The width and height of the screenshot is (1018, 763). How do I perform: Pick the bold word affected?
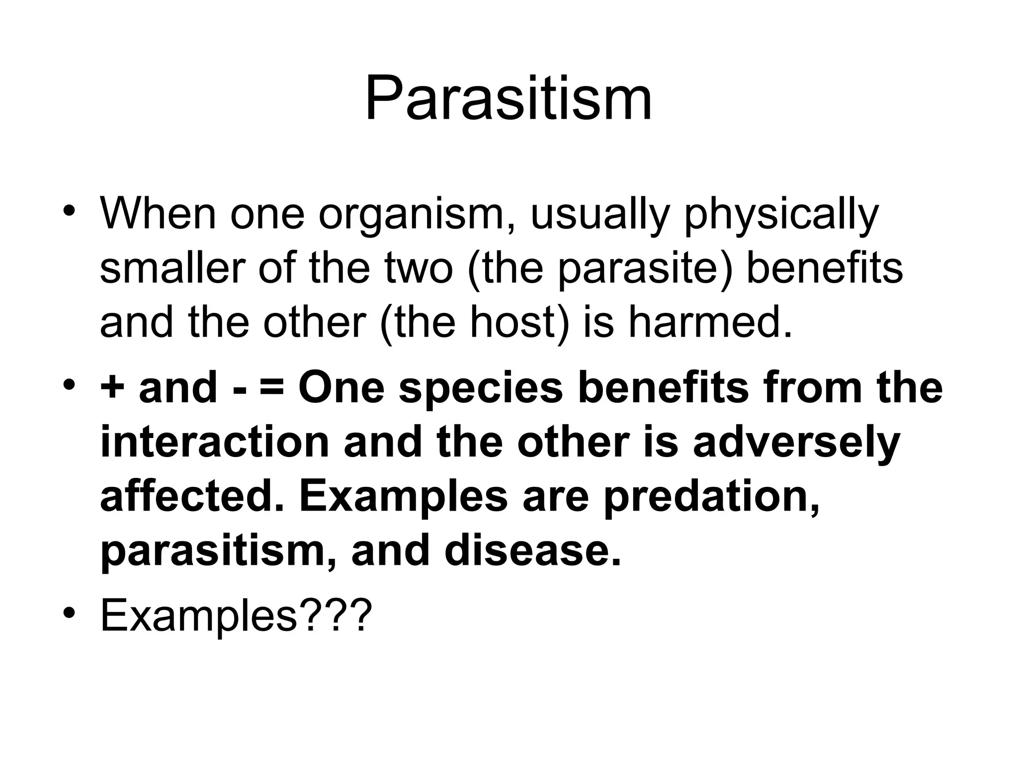tap(192, 497)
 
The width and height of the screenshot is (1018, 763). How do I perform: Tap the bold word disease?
tap(532, 551)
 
